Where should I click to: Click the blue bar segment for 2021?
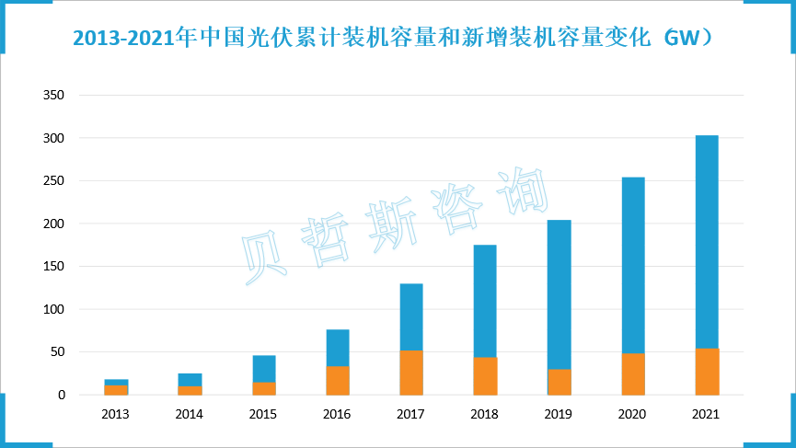tap(707, 241)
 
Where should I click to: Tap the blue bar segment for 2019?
tap(560, 293)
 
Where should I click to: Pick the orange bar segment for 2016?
tap(338, 380)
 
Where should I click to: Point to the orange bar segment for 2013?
tap(116, 390)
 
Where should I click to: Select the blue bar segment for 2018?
tap(485, 300)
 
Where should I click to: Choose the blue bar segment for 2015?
tap(264, 368)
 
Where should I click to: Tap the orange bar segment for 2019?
tap(560, 382)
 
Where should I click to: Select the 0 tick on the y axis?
tap(62, 396)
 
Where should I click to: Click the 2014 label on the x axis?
tap(190, 415)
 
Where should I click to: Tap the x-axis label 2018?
tap(485, 415)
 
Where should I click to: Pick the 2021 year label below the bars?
tap(707, 415)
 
